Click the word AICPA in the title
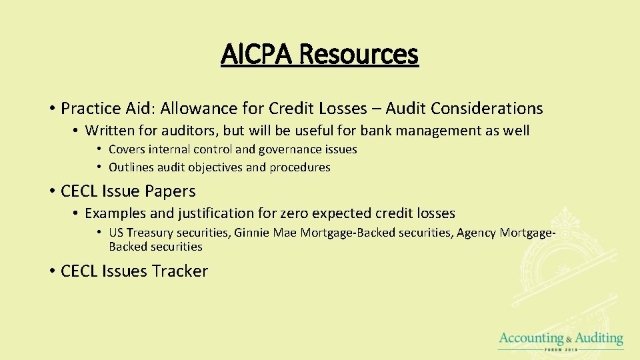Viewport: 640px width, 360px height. (257, 54)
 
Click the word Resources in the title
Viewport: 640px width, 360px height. (358, 54)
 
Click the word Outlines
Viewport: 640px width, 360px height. (131, 167)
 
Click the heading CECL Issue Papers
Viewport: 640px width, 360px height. (128, 191)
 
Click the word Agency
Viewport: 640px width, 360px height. (476, 233)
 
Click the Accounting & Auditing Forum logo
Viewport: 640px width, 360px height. (561, 341)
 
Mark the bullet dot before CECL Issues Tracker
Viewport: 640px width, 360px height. (51, 271)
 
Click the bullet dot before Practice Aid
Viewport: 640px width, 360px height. (51, 109)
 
